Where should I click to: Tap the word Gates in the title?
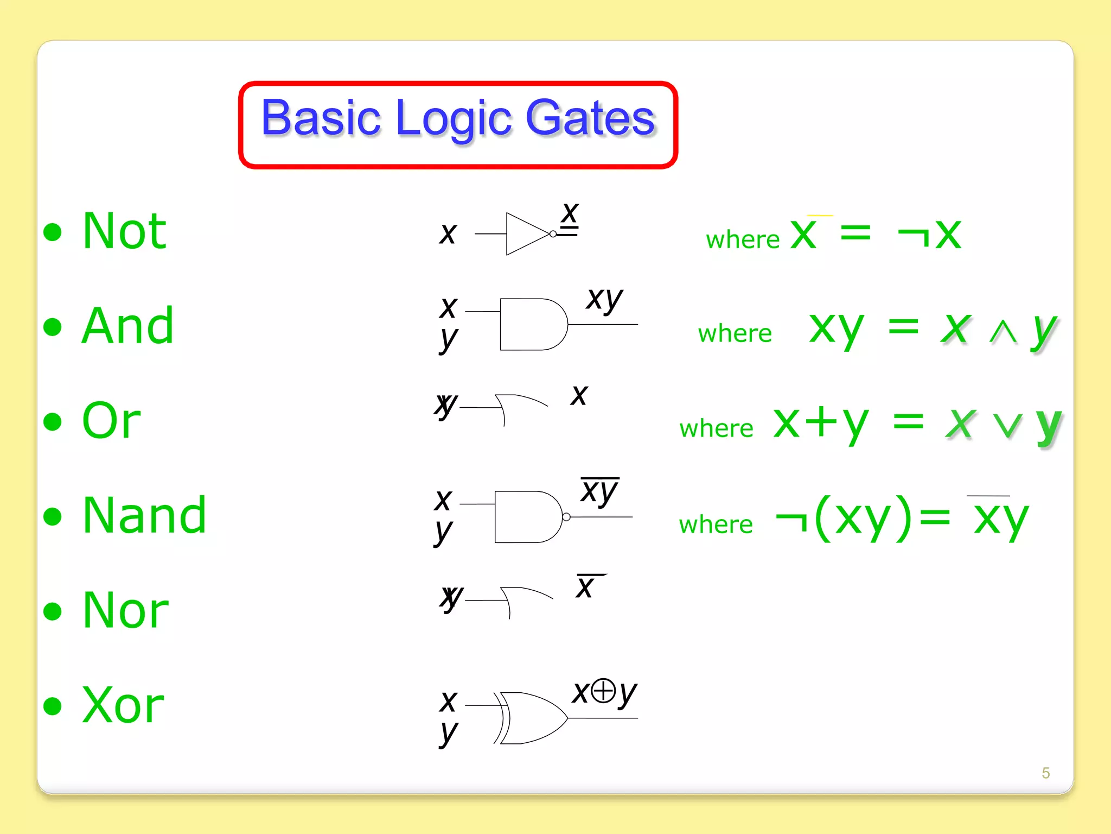pos(590,118)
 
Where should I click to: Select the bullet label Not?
pos(124,232)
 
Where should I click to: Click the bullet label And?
pos(128,326)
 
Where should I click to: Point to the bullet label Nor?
pos(125,611)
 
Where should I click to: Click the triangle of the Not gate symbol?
pos(523,234)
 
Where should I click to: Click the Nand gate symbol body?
pos(527,517)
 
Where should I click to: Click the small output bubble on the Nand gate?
pos(566,517)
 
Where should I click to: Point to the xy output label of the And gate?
pos(604,299)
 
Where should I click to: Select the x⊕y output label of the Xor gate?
pos(604,693)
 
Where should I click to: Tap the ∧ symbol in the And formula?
pos(1003,332)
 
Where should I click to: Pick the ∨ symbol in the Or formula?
pos(1007,425)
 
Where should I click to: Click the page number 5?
pos(1045,773)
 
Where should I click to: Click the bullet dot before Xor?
pos(53,706)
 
